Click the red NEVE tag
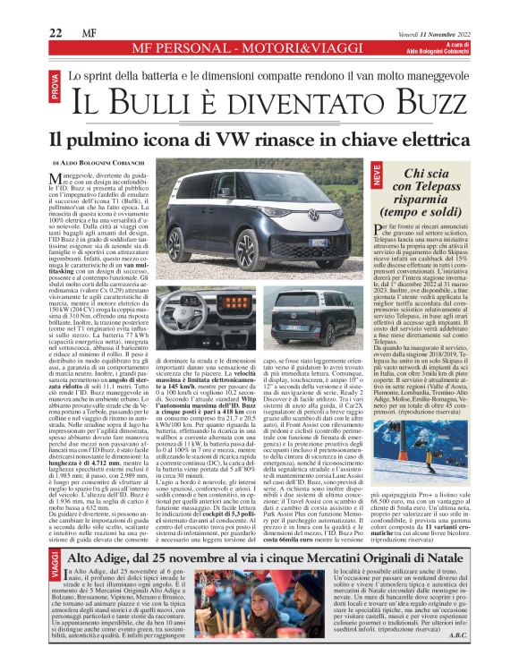coord(377,177)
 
